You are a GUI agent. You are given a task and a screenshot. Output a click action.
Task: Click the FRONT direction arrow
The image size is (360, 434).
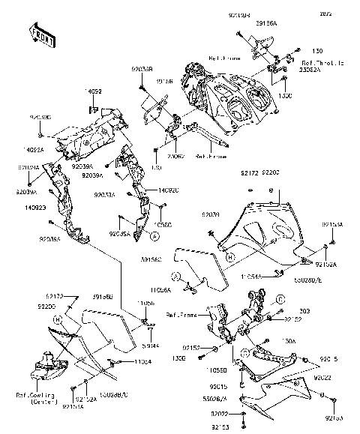click(x=40, y=34)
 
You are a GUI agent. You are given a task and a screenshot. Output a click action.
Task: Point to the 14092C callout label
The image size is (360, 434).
click(x=167, y=190)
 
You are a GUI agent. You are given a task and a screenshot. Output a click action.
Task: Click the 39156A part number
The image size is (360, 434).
click(x=265, y=24)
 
